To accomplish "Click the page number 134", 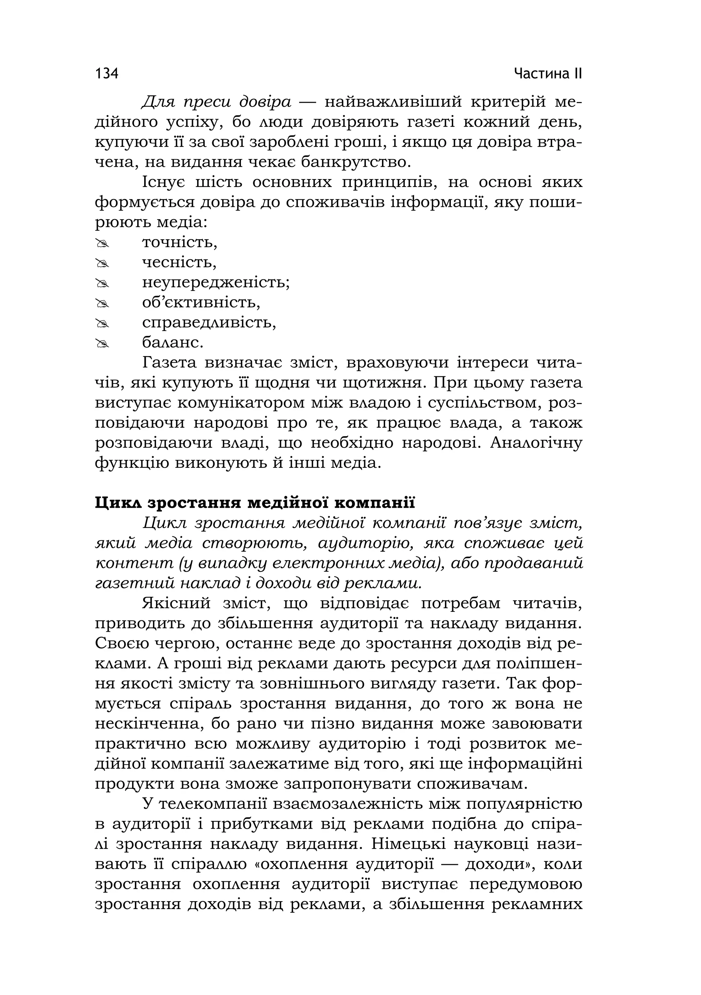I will pos(106,74).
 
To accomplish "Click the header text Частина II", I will pos(548,74).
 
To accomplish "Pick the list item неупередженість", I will pos(215,282).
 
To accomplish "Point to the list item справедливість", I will pos(209,323).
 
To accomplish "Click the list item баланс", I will pos(173,343).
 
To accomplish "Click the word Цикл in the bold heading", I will pos(117,503).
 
